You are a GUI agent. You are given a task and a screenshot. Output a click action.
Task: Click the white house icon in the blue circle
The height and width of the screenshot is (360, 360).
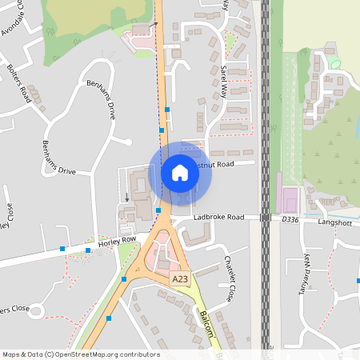179,172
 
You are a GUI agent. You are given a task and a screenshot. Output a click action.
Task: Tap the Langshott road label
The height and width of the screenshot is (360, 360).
334,222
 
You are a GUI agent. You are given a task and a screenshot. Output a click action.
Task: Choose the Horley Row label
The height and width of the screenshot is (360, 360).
117,241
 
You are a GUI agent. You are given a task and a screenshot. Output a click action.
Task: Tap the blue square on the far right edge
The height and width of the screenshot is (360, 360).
358,281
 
